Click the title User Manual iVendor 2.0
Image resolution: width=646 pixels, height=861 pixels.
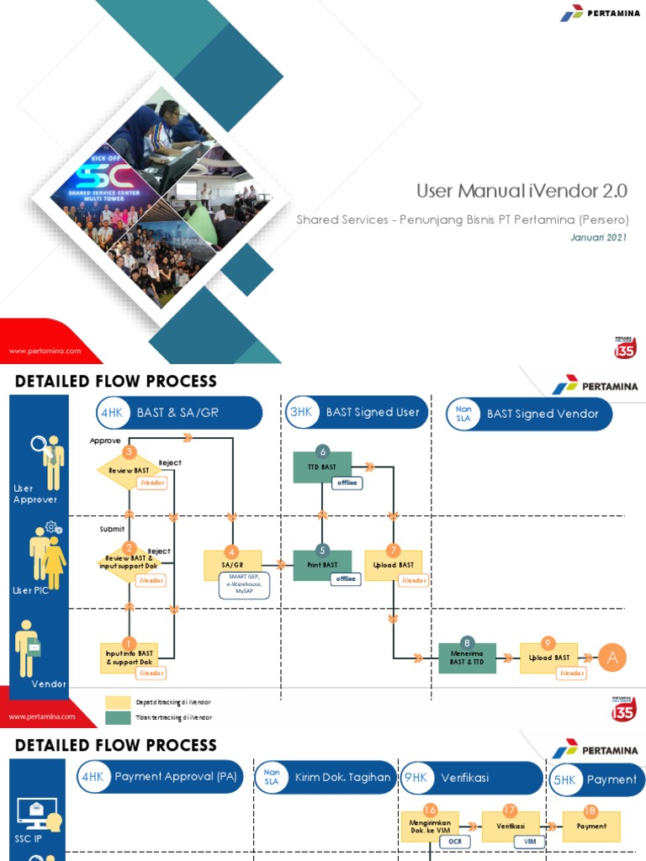click(522, 191)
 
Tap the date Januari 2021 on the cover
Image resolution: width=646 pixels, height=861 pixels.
click(599, 237)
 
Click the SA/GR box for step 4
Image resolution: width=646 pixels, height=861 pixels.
click(232, 565)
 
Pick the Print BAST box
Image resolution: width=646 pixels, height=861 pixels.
click(322, 565)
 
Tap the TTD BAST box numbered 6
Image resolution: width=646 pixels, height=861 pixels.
click(322, 467)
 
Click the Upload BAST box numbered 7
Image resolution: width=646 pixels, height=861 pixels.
click(393, 565)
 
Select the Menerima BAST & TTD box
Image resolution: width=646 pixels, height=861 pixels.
click(468, 658)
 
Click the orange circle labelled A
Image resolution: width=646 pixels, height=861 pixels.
click(612, 658)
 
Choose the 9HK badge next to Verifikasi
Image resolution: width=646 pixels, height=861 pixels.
click(416, 779)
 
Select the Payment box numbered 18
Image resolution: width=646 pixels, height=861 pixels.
click(591, 827)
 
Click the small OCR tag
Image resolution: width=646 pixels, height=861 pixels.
click(454, 841)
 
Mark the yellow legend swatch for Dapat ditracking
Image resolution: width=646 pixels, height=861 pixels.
click(118, 702)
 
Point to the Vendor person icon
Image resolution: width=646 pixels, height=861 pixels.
click(29, 647)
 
